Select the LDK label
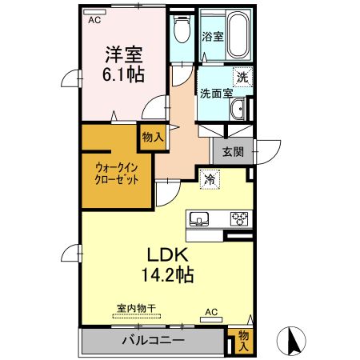tap(166, 254)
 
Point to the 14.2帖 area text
tap(166, 274)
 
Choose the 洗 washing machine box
tap(242, 78)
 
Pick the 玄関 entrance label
tap(233, 151)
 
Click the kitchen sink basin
tap(199, 218)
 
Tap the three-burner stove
tap(240, 218)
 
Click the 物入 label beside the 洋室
tap(152, 138)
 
